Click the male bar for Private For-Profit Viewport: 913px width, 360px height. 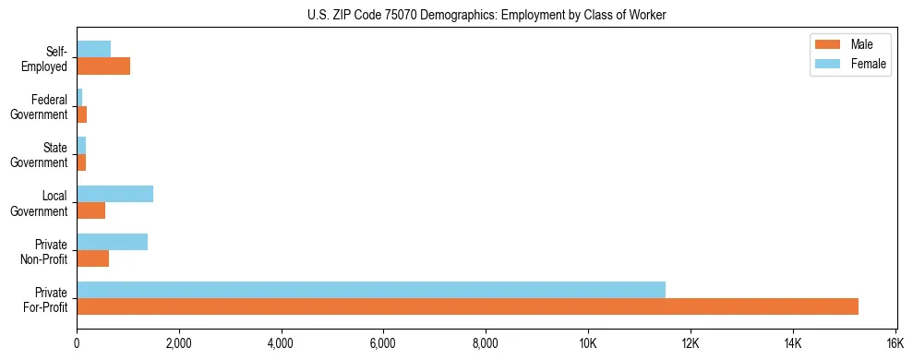click(467, 306)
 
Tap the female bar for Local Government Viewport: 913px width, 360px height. click(114, 194)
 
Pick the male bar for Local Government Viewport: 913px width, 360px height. click(90, 210)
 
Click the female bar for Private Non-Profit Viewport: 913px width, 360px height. click(112, 242)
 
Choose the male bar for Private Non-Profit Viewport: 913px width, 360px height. click(92, 258)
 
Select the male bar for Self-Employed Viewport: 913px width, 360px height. click(103, 66)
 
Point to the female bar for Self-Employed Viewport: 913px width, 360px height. click(93, 50)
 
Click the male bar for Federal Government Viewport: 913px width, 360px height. click(81, 114)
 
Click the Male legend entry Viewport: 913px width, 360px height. click(849, 44)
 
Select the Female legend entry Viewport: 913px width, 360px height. click(855, 64)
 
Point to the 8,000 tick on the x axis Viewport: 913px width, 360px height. click(486, 342)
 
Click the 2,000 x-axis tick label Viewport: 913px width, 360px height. click(179, 342)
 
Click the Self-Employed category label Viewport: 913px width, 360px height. click(47, 59)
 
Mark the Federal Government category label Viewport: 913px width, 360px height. click(40, 107)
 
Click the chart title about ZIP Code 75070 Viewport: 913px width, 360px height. click(486, 14)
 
